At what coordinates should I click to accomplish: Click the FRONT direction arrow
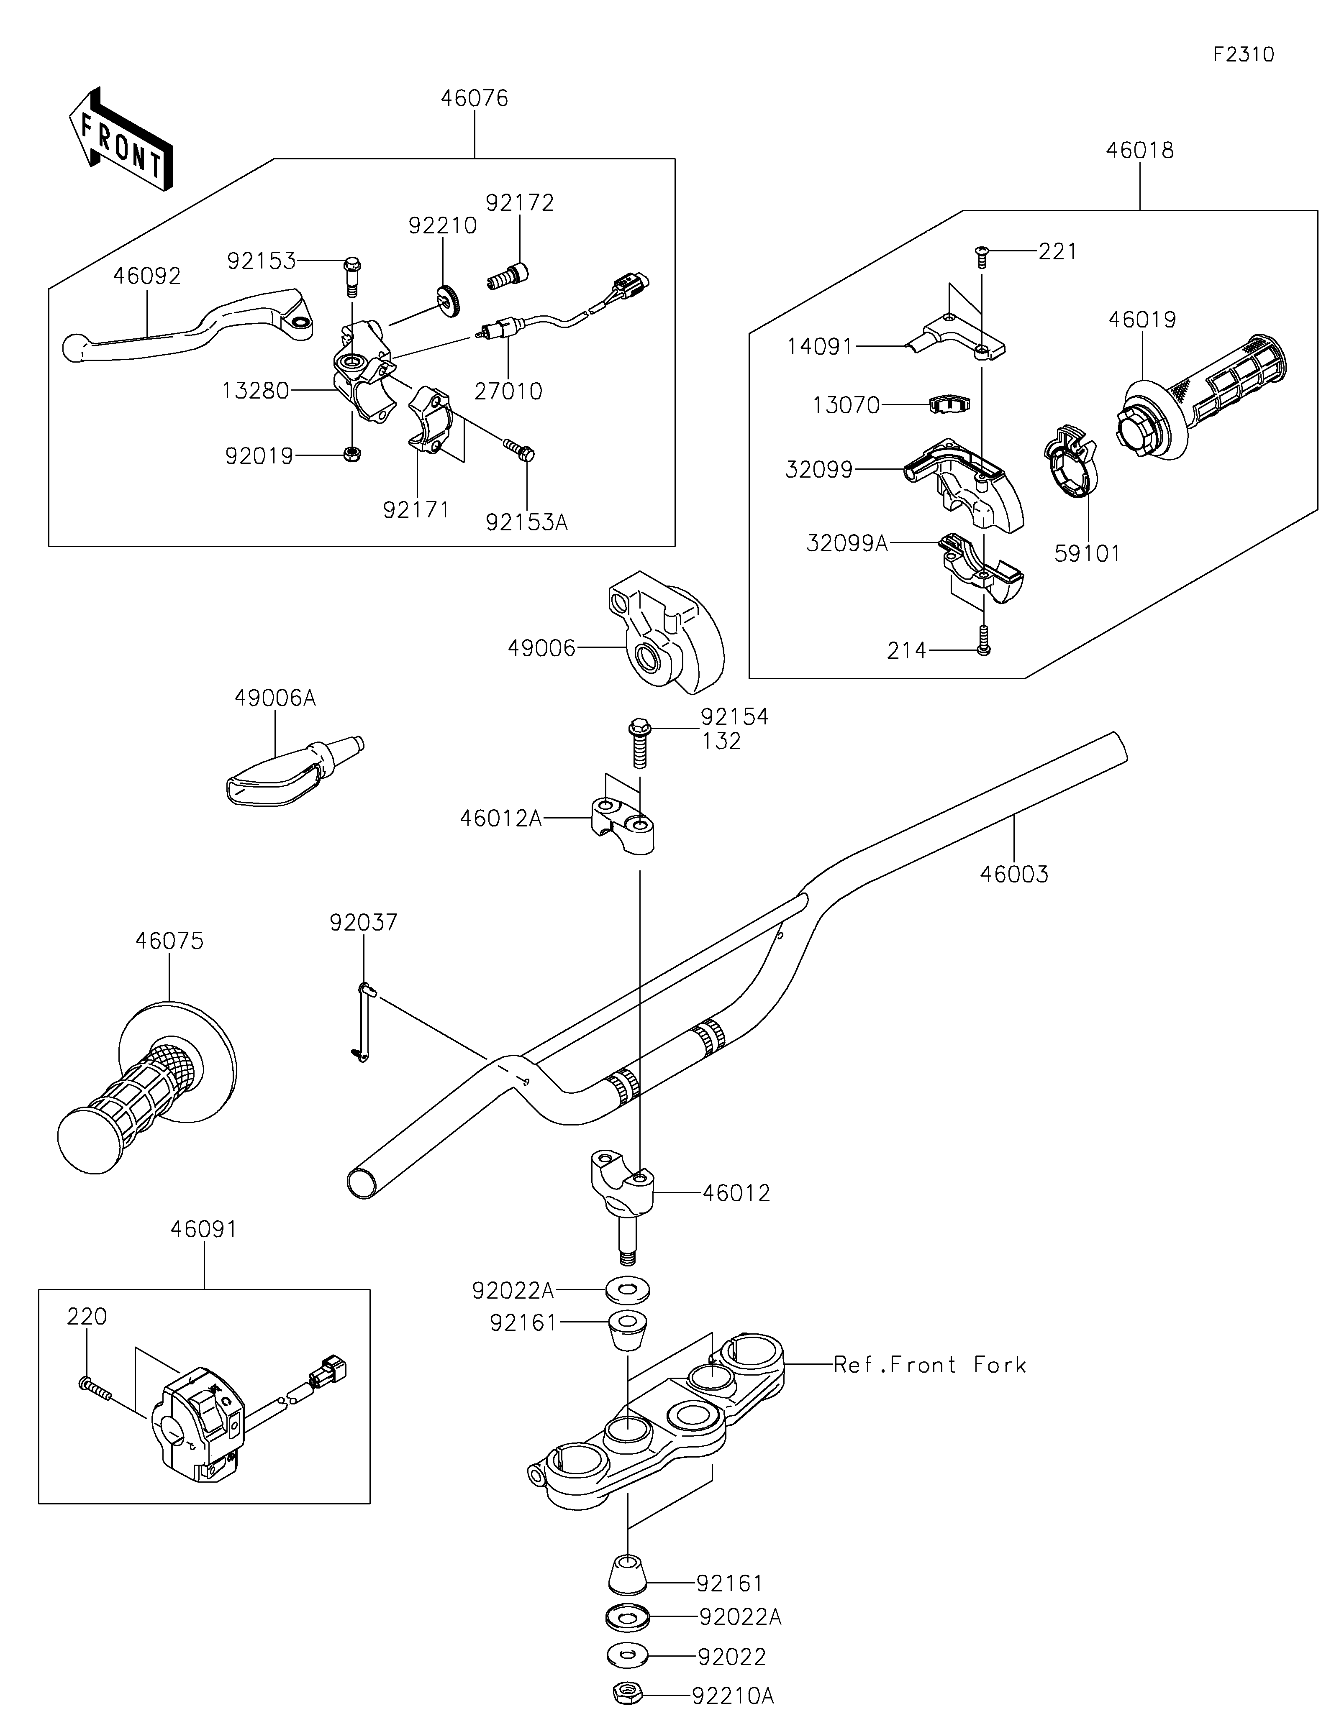click(x=121, y=138)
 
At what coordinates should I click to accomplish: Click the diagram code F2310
click(x=1243, y=55)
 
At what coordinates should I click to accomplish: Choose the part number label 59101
click(x=1087, y=553)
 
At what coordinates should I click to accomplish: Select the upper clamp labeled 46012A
click(x=623, y=824)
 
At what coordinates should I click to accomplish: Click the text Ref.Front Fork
click(x=930, y=1365)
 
